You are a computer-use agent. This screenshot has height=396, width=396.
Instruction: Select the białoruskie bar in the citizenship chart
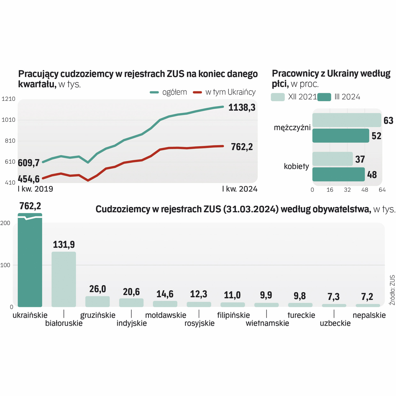coord(63,279)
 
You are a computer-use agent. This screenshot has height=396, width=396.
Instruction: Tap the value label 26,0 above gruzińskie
coord(98,289)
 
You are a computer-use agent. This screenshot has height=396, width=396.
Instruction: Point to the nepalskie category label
coord(369,315)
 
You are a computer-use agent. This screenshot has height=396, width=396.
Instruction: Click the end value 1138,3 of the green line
coord(242,108)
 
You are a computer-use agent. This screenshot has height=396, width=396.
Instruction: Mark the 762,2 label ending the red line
coord(242,147)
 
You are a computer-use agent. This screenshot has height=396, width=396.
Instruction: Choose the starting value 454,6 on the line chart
coord(29,179)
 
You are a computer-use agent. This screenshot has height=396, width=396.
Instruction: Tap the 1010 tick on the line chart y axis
coord(8,120)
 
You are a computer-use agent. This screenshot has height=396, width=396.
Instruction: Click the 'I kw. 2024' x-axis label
coord(240,189)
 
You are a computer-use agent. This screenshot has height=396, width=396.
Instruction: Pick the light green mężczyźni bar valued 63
coord(346,120)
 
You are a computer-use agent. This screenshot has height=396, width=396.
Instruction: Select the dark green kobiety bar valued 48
coord(338,175)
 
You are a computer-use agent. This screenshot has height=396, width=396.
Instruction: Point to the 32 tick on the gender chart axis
coord(347,190)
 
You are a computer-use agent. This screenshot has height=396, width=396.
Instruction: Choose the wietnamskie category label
coord(267,323)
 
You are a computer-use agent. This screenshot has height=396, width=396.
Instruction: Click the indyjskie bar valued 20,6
coord(131,302)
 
